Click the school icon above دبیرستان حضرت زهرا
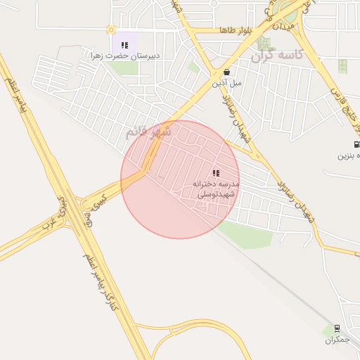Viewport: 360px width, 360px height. tap(124, 45)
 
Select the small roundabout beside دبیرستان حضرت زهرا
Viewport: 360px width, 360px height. tap(110, 30)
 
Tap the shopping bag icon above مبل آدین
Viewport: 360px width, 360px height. tap(226, 72)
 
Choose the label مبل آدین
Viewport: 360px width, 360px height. tap(227, 82)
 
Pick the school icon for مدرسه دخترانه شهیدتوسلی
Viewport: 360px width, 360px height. tap(216, 173)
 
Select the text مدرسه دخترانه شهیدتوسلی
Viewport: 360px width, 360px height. tap(216, 187)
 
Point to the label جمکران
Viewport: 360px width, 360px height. tap(337, 340)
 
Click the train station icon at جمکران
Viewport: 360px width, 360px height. tap(337, 329)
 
